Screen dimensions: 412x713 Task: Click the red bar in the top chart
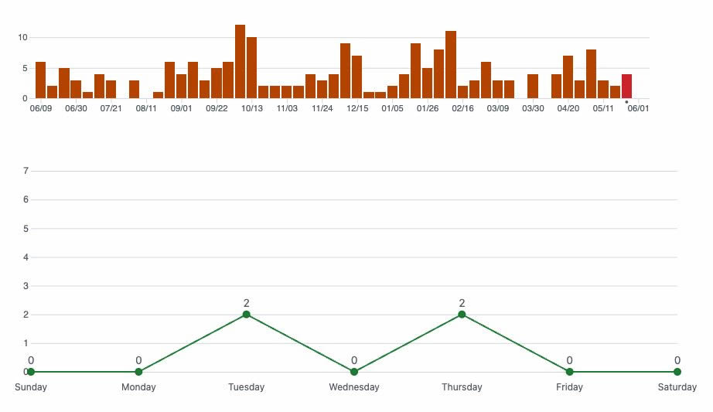coord(626,87)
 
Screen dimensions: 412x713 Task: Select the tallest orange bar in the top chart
coord(240,62)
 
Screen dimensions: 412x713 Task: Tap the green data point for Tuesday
coord(246,314)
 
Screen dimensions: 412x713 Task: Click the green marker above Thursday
coord(462,314)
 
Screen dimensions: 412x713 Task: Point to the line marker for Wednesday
coord(354,372)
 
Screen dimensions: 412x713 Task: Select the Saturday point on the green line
coord(677,372)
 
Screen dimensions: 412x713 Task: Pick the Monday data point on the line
coord(138,372)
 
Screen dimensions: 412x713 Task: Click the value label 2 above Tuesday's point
coord(246,303)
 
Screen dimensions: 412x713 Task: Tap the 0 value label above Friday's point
coord(569,360)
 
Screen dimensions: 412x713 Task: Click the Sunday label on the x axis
coord(31,387)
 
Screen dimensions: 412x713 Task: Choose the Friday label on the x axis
coord(569,387)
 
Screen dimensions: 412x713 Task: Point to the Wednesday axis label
coord(354,387)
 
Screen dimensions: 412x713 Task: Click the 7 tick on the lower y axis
coord(26,171)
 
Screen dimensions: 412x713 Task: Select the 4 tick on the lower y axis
coord(26,257)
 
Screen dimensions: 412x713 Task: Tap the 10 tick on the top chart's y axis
coord(22,37)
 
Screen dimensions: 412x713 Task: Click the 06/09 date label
coord(40,108)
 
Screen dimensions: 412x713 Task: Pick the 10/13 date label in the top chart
coord(251,108)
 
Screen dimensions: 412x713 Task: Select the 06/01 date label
coord(638,108)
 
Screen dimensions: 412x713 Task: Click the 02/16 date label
coord(462,108)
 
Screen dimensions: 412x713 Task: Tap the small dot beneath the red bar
coord(626,102)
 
